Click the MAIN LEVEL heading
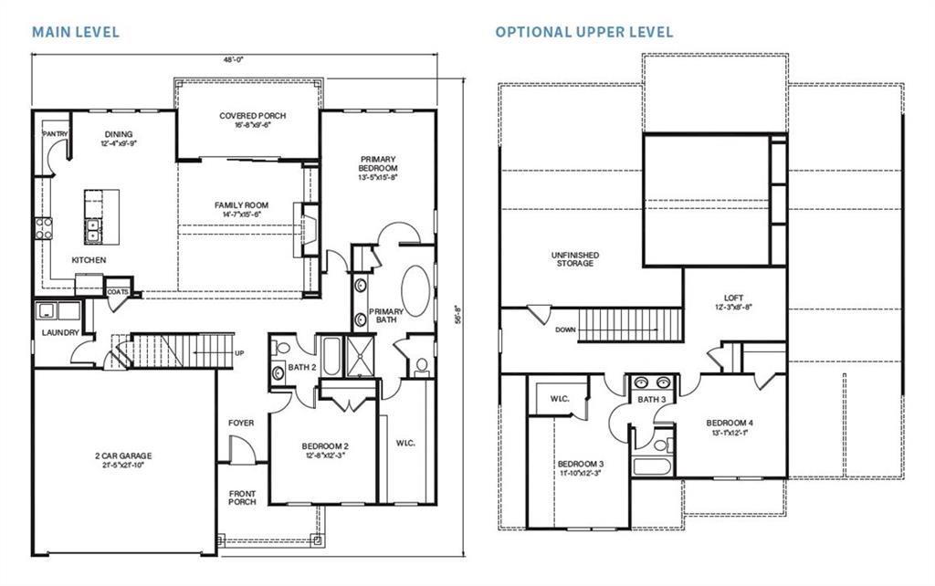76,32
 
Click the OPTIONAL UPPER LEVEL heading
584,32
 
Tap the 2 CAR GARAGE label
122,455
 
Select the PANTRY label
55,134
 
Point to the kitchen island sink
93,228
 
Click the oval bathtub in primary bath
415,291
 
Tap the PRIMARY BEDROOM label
378,164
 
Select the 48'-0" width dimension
234,59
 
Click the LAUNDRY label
60,332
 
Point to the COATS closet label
118,292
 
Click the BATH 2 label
301,367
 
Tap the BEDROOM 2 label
325,446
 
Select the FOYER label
241,423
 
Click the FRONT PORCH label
242,498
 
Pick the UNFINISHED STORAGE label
573,258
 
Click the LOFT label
733,298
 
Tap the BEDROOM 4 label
730,424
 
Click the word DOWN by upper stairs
564,330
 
